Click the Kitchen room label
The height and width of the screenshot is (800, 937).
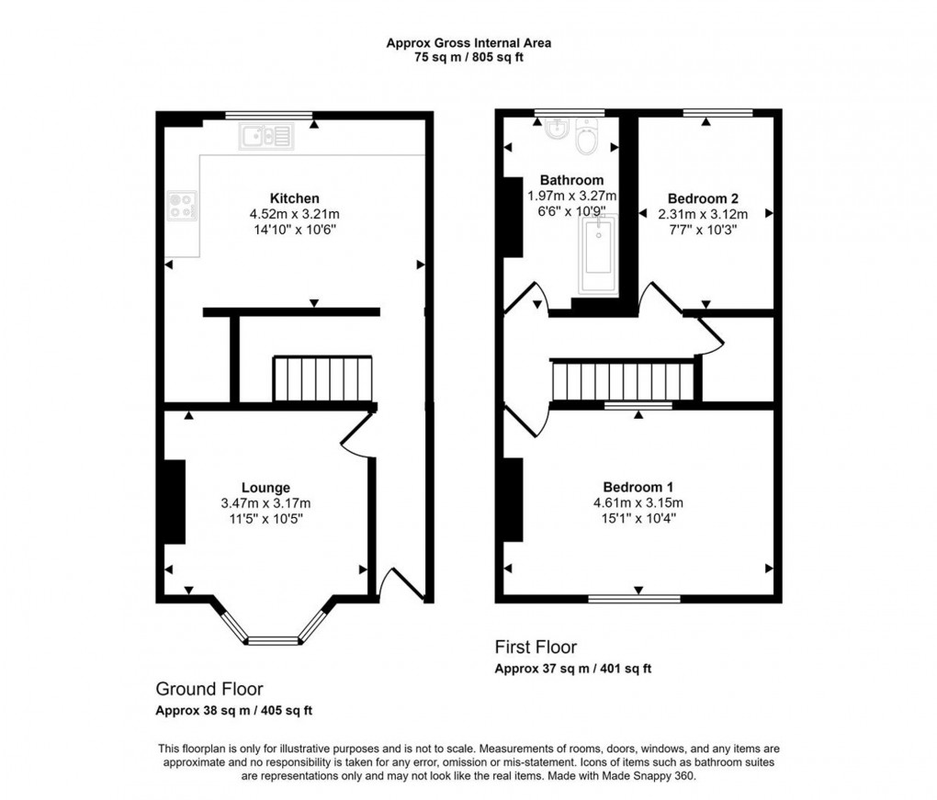coord(294,198)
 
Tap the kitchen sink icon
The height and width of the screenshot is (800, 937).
coord(265,137)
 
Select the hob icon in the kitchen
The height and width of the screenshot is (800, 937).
coord(180,205)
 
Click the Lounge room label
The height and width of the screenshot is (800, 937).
coord(265,488)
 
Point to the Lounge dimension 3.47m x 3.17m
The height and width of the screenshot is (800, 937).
coord(265,503)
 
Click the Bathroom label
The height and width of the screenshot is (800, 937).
coord(571,180)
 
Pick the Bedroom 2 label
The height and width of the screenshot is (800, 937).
coord(703,198)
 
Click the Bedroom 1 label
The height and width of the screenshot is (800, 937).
coord(638,487)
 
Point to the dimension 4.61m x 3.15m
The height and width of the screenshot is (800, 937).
coord(638,502)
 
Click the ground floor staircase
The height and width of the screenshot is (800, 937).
coord(322,379)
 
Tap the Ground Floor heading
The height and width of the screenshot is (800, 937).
coord(209,689)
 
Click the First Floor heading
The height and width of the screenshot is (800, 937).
coord(536,648)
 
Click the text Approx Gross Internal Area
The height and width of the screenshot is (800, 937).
coord(468,42)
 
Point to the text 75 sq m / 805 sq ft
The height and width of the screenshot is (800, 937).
coord(468,57)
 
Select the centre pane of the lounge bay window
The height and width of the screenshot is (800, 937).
coord(273,640)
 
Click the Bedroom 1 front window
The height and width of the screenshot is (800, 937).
coord(638,599)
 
